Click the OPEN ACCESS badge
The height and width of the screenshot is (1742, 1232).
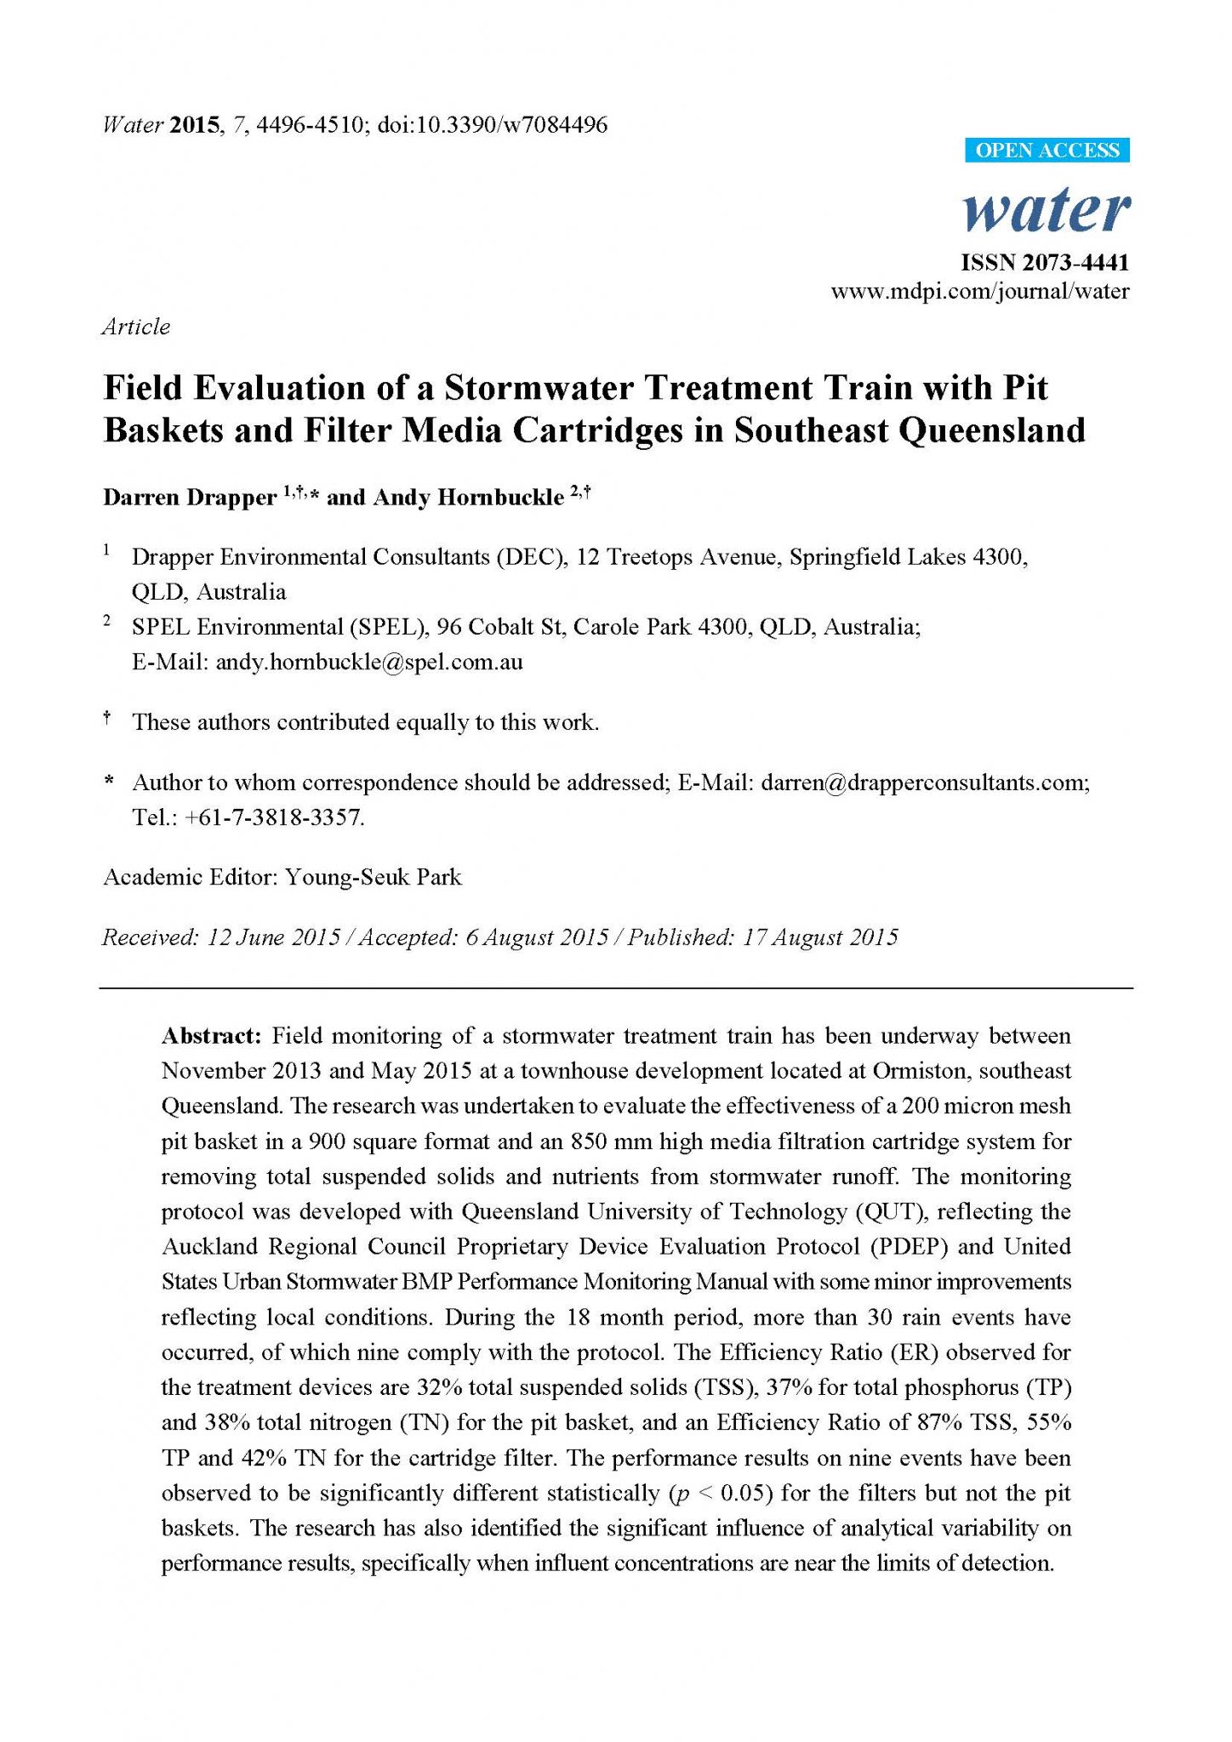[1047, 151]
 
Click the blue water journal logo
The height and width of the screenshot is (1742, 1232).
[1047, 210]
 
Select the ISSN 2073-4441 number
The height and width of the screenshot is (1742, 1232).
[1045, 262]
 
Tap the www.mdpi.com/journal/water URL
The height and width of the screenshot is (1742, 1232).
[980, 292]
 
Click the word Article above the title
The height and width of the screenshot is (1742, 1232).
[136, 327]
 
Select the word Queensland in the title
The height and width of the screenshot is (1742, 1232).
[991, 430]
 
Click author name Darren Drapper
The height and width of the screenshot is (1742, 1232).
[190, 497]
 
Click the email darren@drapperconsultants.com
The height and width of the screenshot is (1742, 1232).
[924, 783]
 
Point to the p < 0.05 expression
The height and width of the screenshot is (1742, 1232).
[721, 1493]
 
